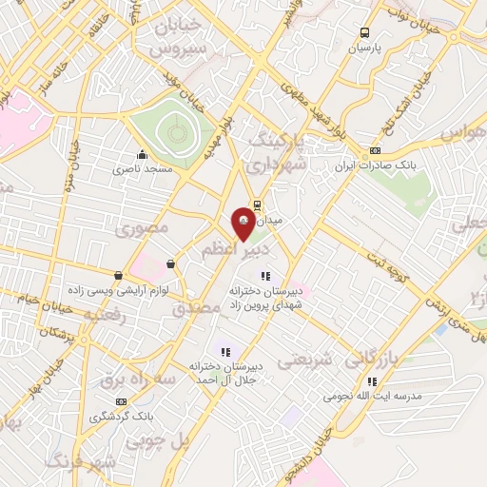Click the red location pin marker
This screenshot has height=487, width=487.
pos(243,217)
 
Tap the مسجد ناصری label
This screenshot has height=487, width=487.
pos(143,168)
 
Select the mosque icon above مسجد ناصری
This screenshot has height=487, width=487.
pos(143,155)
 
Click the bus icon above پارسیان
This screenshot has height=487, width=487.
pos(364,32)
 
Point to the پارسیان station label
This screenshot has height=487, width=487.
pos(364,47)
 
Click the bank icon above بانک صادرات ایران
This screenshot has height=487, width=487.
pos(375,150)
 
